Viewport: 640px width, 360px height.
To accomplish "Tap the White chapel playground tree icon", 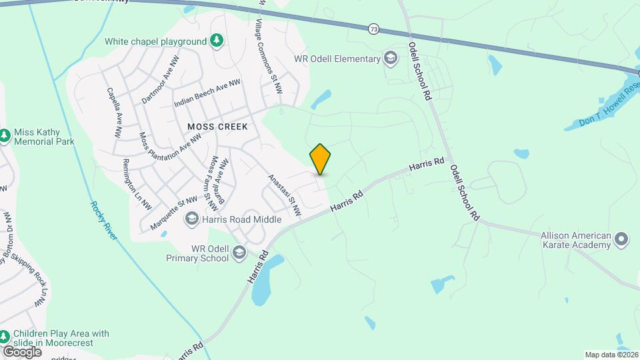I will click(x=217, y=41).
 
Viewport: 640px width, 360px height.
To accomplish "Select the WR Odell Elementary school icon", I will click(x=390, y=59).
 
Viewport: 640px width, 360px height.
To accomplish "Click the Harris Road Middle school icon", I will click(x=192, y=219).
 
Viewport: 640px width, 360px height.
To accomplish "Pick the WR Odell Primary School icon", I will click(x=239, y=253).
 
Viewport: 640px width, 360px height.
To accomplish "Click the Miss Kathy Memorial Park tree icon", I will click(x=5, y=136).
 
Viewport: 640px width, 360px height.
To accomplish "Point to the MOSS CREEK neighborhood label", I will click(x=217, y=127).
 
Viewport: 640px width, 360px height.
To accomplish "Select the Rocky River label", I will click(x=103, y=220).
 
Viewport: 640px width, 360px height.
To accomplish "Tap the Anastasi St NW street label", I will click(x=285, y=195).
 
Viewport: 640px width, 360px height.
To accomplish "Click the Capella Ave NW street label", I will click(x=114, y=113).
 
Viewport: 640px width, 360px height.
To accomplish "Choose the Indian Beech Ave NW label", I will click(x=207, y=94).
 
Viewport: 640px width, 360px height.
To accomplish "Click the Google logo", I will click(x=22, y=351).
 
